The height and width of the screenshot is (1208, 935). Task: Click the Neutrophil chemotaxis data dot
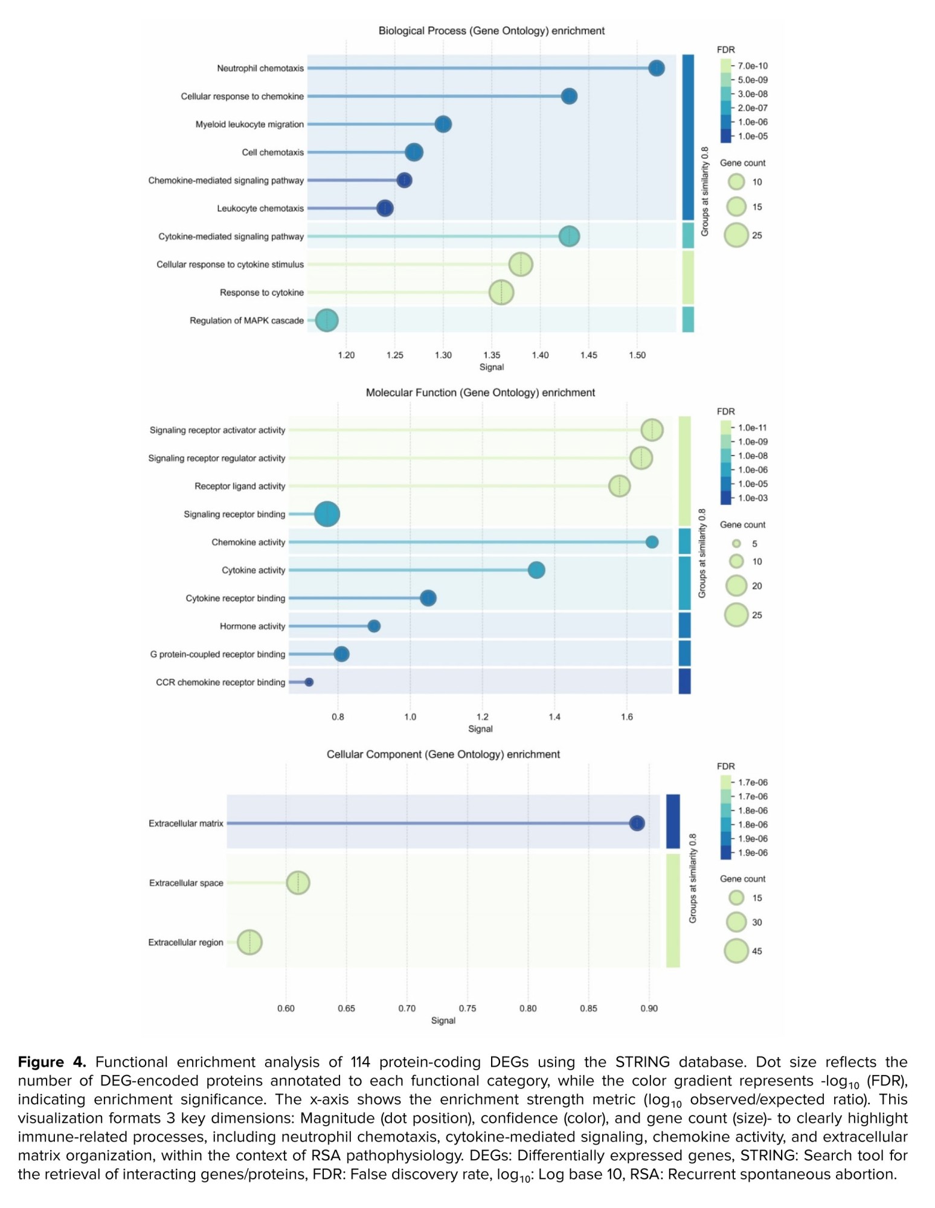click(656, 68)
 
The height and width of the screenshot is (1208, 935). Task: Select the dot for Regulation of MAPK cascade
click(327, 320)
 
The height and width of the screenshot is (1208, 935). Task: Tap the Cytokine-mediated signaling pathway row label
click(231, 237)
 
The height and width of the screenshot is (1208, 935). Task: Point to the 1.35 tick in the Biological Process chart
click(492, 355)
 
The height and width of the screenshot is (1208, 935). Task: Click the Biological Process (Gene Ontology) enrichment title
click(491, 31)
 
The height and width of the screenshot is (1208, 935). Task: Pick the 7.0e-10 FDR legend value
click(753, 66)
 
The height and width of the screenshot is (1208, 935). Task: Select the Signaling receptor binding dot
click(327, 514)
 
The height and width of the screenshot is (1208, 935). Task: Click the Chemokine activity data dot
click(652, 542)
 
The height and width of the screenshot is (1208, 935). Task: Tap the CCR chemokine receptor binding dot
click(309, 682)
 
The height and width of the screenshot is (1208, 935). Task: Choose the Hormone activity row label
click(252, 626)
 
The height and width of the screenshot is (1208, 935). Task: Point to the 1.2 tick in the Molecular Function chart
click(482, 717)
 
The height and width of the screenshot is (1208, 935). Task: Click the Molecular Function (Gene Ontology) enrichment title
click(480, 393)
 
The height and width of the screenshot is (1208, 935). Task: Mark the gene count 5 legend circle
click(736, 544)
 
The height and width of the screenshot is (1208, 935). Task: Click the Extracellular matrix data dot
click(637, 823)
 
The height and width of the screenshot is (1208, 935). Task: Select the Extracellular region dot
click(249, 942)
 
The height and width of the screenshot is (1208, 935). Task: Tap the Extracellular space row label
click(186, 883)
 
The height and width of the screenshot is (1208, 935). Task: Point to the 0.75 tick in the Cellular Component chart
click(467, 1008)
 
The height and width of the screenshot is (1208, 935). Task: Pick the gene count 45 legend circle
click(736, 951)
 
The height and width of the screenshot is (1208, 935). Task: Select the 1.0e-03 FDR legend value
click(753, 498)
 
